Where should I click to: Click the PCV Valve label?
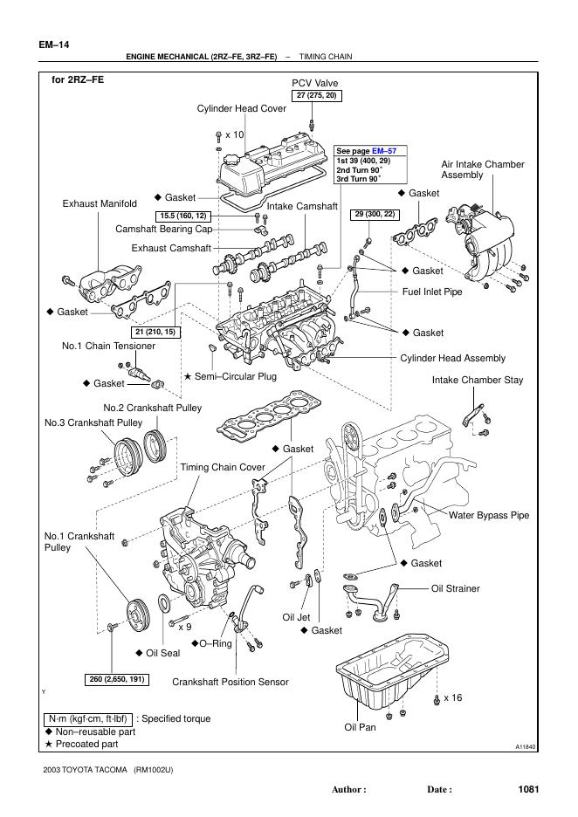pos(314,83)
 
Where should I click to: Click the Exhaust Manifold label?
pos(100,203)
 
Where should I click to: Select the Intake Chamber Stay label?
pos(478,381)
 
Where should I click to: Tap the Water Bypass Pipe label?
pos(489,515)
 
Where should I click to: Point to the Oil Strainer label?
pos(456,588)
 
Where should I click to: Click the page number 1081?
pos(528,789)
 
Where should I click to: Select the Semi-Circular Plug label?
pos(235,376)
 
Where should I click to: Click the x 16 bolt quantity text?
pos(452,697)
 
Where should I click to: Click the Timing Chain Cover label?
pos(223,467)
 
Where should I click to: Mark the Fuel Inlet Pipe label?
pos(432,292)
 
